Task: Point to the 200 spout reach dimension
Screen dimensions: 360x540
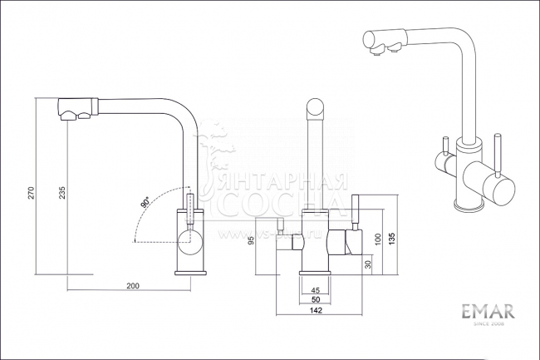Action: coord(132,286)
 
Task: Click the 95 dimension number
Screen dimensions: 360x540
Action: coord(251,242)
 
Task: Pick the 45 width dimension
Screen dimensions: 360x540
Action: coord(315,289)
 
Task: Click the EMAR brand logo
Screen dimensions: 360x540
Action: coord(488,313)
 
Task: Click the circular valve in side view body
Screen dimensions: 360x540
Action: coord(189,248)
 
